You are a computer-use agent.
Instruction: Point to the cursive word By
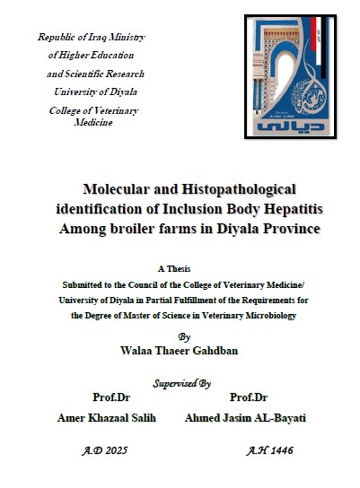coord(184,336)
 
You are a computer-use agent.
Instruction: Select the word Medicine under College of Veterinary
coord(93,122)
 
